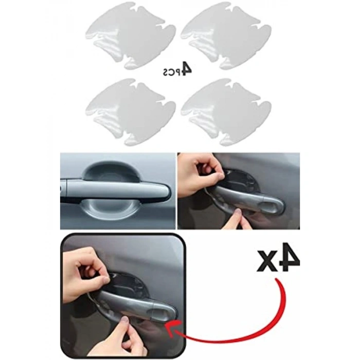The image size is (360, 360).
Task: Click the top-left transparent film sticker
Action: pos(131,35)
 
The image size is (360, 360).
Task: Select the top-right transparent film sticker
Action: pos(226,35)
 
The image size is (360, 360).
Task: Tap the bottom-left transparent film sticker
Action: pos(131,112)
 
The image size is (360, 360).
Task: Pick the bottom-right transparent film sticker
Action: pos(226,112)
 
